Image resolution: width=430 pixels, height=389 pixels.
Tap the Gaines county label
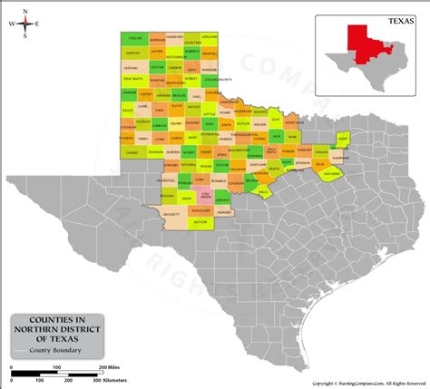(x=132, y=152)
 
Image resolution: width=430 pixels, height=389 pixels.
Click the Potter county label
(x=157, y=66)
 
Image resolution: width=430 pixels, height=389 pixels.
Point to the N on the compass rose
(x=25, y=12)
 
